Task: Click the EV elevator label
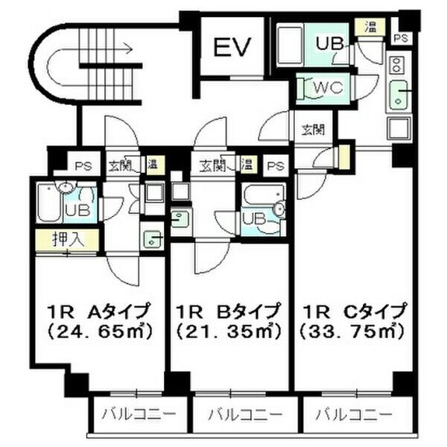[x=232, y=46]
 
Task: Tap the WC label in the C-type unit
[x=328, y=87]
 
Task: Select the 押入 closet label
[x=69, y=239]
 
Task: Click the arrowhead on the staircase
[x=129, y=49]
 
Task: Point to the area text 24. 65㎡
[x=101, y=332]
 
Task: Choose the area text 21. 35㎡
[x=229, y=332]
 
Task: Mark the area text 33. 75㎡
[x=352, y=332]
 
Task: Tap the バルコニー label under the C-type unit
[x=355, y=414]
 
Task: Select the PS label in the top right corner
[x=402, y=38]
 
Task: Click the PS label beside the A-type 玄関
[x=83, y=166]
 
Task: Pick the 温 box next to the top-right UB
[x=370, y=28]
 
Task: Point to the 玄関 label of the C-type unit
[x=314, y=130]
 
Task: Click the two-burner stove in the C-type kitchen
[x=396, y=65]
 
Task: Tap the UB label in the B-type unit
[x=254, y=220]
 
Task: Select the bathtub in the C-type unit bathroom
[x=290, y=45]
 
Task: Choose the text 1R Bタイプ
[x=227, y=311]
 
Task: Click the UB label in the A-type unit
[x=77, y=210]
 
